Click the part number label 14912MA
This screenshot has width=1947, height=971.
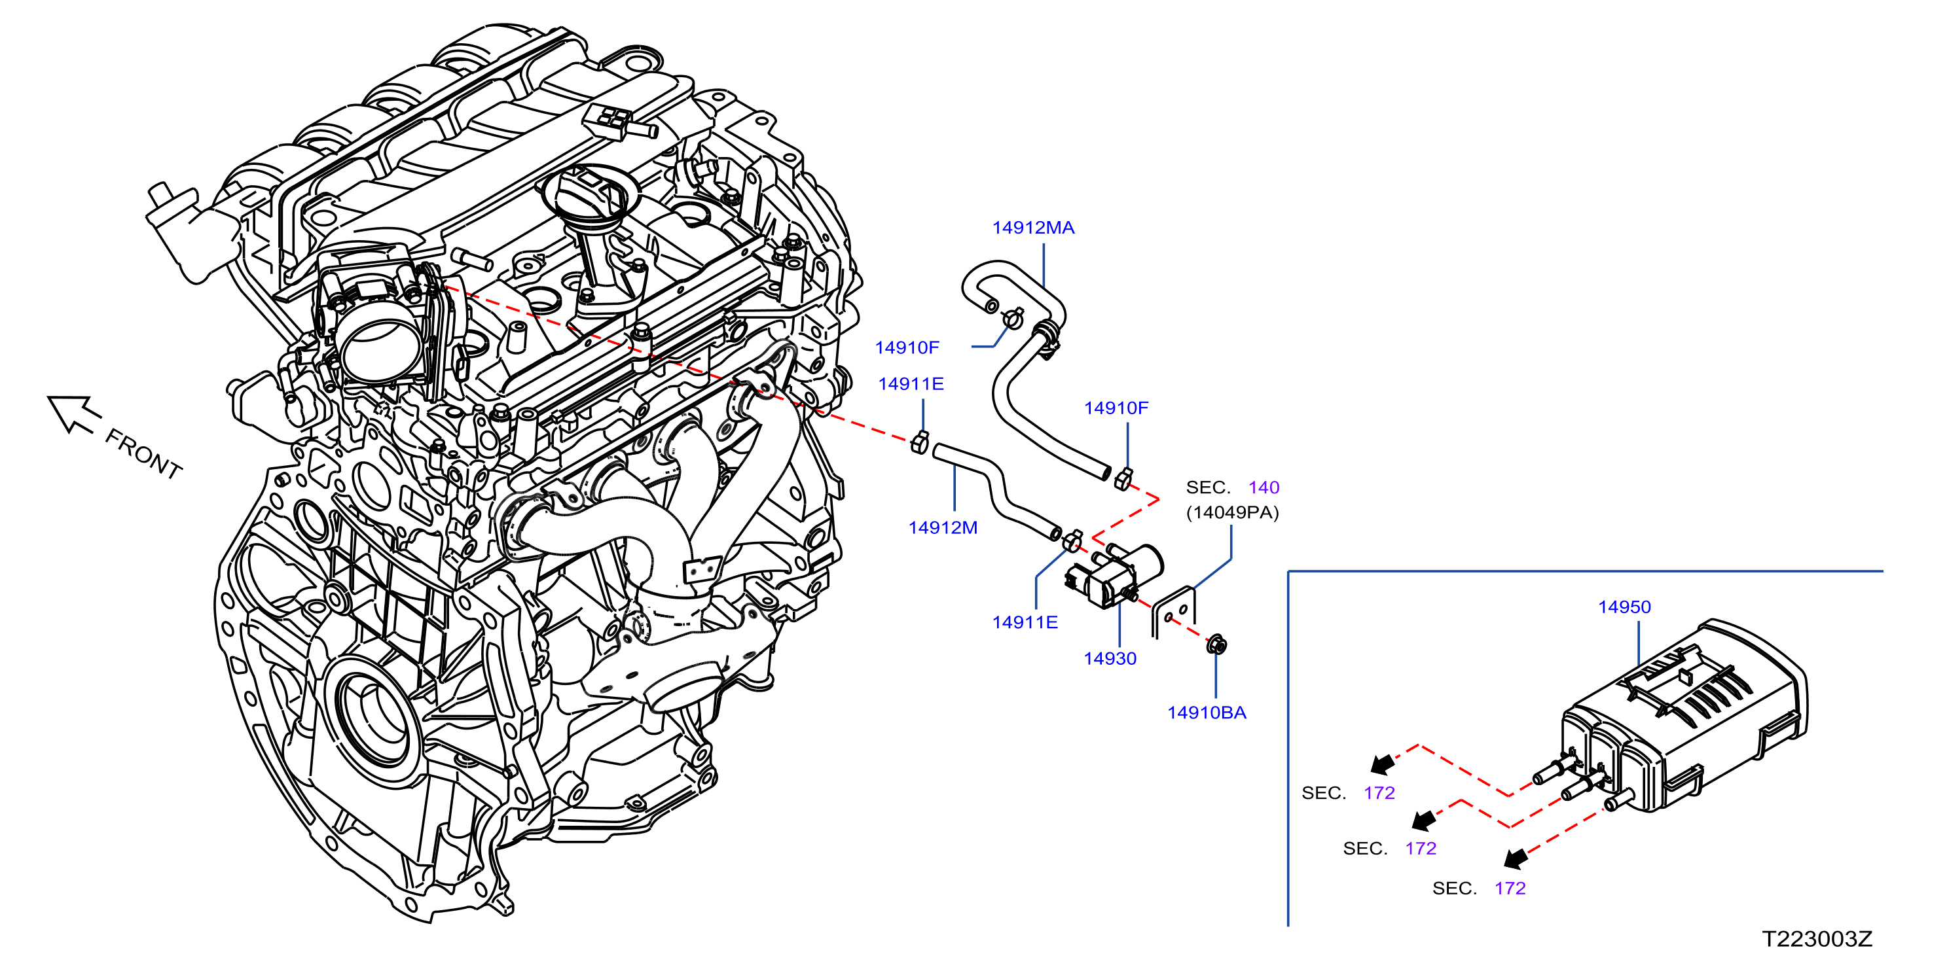coord(1032,228)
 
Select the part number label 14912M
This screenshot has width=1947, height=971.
coord(943,527)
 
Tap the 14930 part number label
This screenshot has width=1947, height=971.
coord(1110,658)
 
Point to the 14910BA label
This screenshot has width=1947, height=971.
coord(1207,713)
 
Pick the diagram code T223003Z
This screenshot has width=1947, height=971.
coord(1817,938)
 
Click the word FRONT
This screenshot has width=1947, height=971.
coord(143,453)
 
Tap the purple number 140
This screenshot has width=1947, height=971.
coord(1264,487)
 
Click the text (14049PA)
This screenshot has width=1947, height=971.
coord(1232,512)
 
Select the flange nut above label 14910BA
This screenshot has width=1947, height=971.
coord(1217,644)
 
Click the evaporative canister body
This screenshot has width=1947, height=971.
coord(1686,718)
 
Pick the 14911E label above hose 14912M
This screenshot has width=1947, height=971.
coord(910,384)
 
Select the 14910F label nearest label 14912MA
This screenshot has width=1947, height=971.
coord(906,347)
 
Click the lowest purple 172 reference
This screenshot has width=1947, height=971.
coord(1510,889)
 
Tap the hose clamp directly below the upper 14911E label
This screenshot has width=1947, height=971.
coord(920,442)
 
